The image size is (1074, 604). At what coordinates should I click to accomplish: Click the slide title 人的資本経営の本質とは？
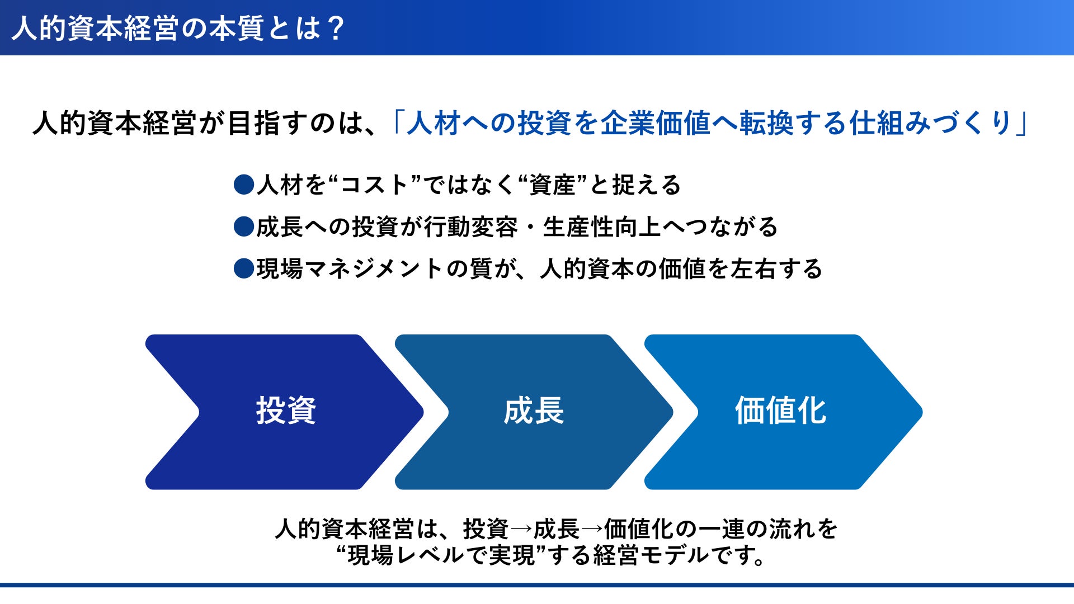tap(178, 29)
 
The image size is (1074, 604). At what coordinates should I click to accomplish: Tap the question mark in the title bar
tap(336, 29)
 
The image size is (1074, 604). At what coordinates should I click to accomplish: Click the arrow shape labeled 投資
tap(284, 412)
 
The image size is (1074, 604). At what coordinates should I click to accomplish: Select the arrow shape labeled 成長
tap(534, 412)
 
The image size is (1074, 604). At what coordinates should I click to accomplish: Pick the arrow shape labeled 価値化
tap(783, 412)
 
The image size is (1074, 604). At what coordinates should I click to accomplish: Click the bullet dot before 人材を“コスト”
tap(244, 185)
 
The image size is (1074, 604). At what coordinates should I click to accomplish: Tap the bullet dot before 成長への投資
tap(244, 226)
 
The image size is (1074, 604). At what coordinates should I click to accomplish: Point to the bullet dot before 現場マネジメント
tap(244, 268)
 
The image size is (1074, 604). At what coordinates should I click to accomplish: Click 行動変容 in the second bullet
tap(471, 226)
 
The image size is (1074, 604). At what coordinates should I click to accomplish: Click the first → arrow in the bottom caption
tap(521, 528)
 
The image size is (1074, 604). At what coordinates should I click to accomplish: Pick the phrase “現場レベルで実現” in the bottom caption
tap(441, 555)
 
